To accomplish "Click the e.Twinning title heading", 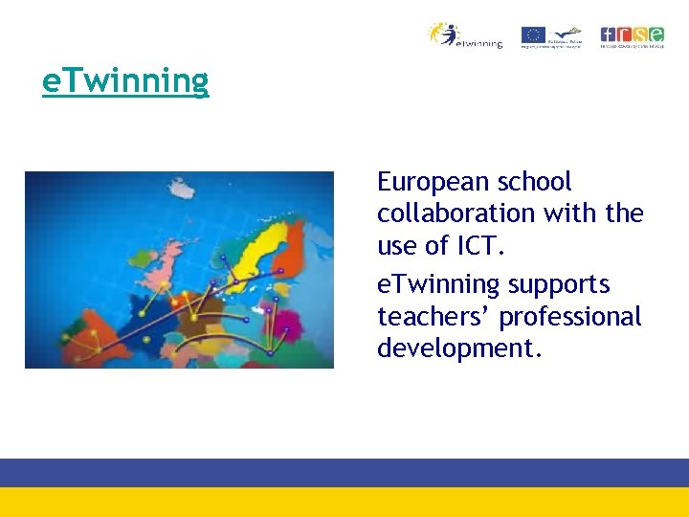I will (x=125, y=82).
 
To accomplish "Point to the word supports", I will (x=559, y=284).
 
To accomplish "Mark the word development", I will (x=459, y=348).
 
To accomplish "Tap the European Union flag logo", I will (x=533, y=35).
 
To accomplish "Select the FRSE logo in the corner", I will (x=632, y=36).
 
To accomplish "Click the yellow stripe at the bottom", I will (x=344, y=502).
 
